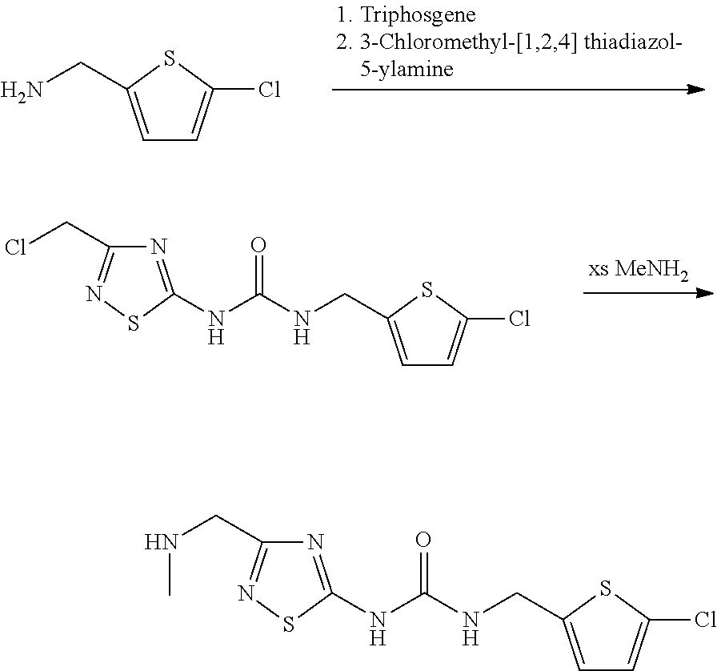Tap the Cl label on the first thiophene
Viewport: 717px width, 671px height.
[x=269, y=89]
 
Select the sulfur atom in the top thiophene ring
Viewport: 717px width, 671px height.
[x=169, y=58]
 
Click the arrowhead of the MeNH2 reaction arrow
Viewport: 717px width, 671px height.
[x=704, y=294]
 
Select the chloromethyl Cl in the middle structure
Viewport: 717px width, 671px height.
[x=17, y=246]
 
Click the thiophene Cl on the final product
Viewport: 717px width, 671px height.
[x=702, y=621]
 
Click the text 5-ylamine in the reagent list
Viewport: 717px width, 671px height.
[x=406, y=70]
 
